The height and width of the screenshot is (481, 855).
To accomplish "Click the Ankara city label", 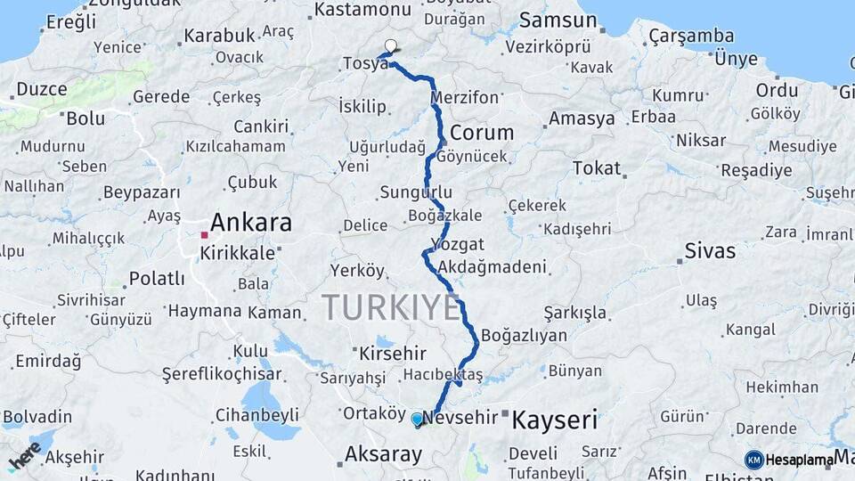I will (251, 222).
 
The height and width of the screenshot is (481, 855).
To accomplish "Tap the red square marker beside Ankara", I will (204, 235).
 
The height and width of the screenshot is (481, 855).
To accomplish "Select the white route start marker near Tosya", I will (390, 45).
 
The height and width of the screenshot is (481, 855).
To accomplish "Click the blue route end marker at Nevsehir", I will (417, 419).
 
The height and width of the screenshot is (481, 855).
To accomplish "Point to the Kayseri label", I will (555, 420).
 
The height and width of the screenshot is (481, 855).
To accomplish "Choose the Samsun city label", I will (558, 20).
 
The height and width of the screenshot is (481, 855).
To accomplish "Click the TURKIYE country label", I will (391, 307).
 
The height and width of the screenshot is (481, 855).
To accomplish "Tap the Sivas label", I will (710, 250).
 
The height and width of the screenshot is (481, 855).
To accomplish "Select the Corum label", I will (482, 133).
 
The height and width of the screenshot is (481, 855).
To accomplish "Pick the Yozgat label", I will (457, 244).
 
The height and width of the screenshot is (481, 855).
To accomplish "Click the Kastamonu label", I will (362, 10).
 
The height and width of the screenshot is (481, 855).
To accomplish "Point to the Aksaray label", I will (383, 454).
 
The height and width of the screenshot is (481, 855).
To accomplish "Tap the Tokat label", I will (596, 168).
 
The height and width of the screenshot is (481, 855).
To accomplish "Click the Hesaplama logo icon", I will (753, 460).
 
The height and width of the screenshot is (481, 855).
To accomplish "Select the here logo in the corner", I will (24, 456).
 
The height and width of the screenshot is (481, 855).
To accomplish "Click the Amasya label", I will (582, 118).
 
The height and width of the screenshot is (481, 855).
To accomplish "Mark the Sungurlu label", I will (416, 192).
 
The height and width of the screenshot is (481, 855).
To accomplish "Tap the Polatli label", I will (157, 279).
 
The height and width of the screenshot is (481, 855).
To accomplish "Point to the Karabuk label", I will (219, 36).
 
